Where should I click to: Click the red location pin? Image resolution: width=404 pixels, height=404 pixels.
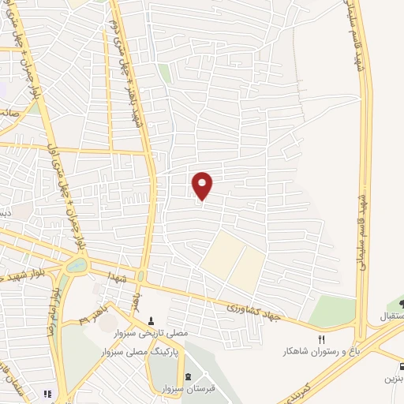[203, 185]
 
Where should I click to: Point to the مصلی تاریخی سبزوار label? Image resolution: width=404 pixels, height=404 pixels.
[160, 335]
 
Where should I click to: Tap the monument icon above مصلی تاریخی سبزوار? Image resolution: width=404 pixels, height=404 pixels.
[152, 321]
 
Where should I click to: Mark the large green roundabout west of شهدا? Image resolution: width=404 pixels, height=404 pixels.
[77, 266]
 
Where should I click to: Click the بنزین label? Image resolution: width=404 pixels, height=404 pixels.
[394, 379]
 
